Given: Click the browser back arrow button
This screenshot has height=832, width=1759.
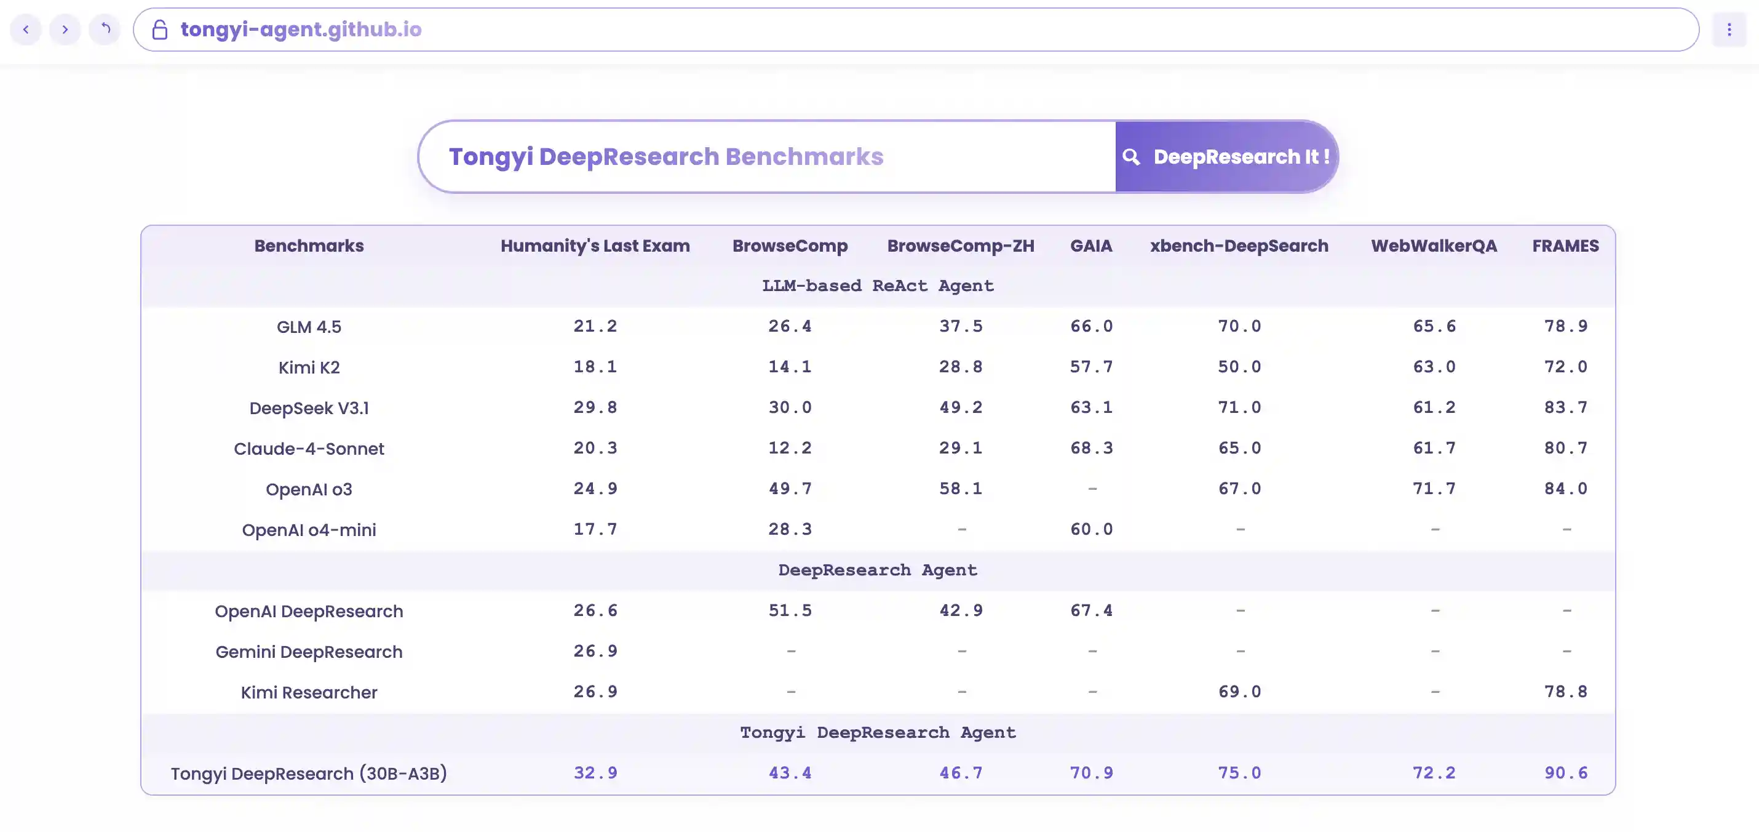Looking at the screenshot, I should coord(26,30).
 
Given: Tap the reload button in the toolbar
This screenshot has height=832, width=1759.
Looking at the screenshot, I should coord(105,30).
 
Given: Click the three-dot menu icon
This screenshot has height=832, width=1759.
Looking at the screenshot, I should coord(1729,30).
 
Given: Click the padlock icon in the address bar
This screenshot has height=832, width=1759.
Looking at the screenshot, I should coord(160,30).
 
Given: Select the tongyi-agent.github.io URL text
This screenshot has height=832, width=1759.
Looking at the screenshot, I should coord(301,30).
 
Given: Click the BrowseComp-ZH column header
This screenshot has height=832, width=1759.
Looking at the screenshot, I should coord(960,246).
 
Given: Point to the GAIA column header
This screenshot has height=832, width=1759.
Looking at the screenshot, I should coord(1090,246).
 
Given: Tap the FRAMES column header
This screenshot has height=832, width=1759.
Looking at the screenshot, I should coord(1565,246).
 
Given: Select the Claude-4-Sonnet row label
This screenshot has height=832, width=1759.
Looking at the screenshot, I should coord(309,449).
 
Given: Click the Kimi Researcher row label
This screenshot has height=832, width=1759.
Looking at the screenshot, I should coord(309,693).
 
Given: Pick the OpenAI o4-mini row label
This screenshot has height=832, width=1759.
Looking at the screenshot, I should coord(309,530).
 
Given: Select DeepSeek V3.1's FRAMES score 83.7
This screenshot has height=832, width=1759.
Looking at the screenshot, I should coord(1566,408).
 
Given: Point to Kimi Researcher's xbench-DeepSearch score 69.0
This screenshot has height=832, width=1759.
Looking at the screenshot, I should coord(1239,692).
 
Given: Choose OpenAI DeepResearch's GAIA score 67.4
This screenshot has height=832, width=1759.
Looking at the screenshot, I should coord(1091,610).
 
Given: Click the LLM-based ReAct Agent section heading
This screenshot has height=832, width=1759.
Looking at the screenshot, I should coord(878,286).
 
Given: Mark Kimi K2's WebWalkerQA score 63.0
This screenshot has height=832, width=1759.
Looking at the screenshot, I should coord(1434,367).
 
